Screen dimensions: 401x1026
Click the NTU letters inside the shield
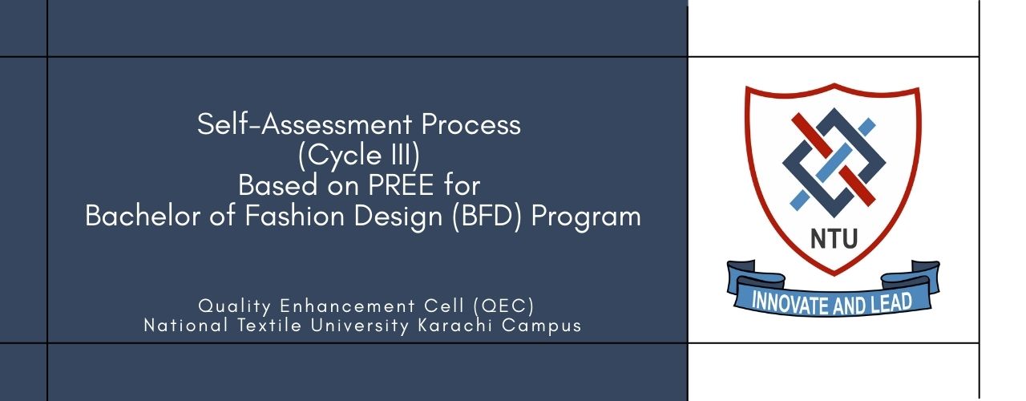click(833, 238)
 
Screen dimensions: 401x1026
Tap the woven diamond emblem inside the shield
click(833, 159)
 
